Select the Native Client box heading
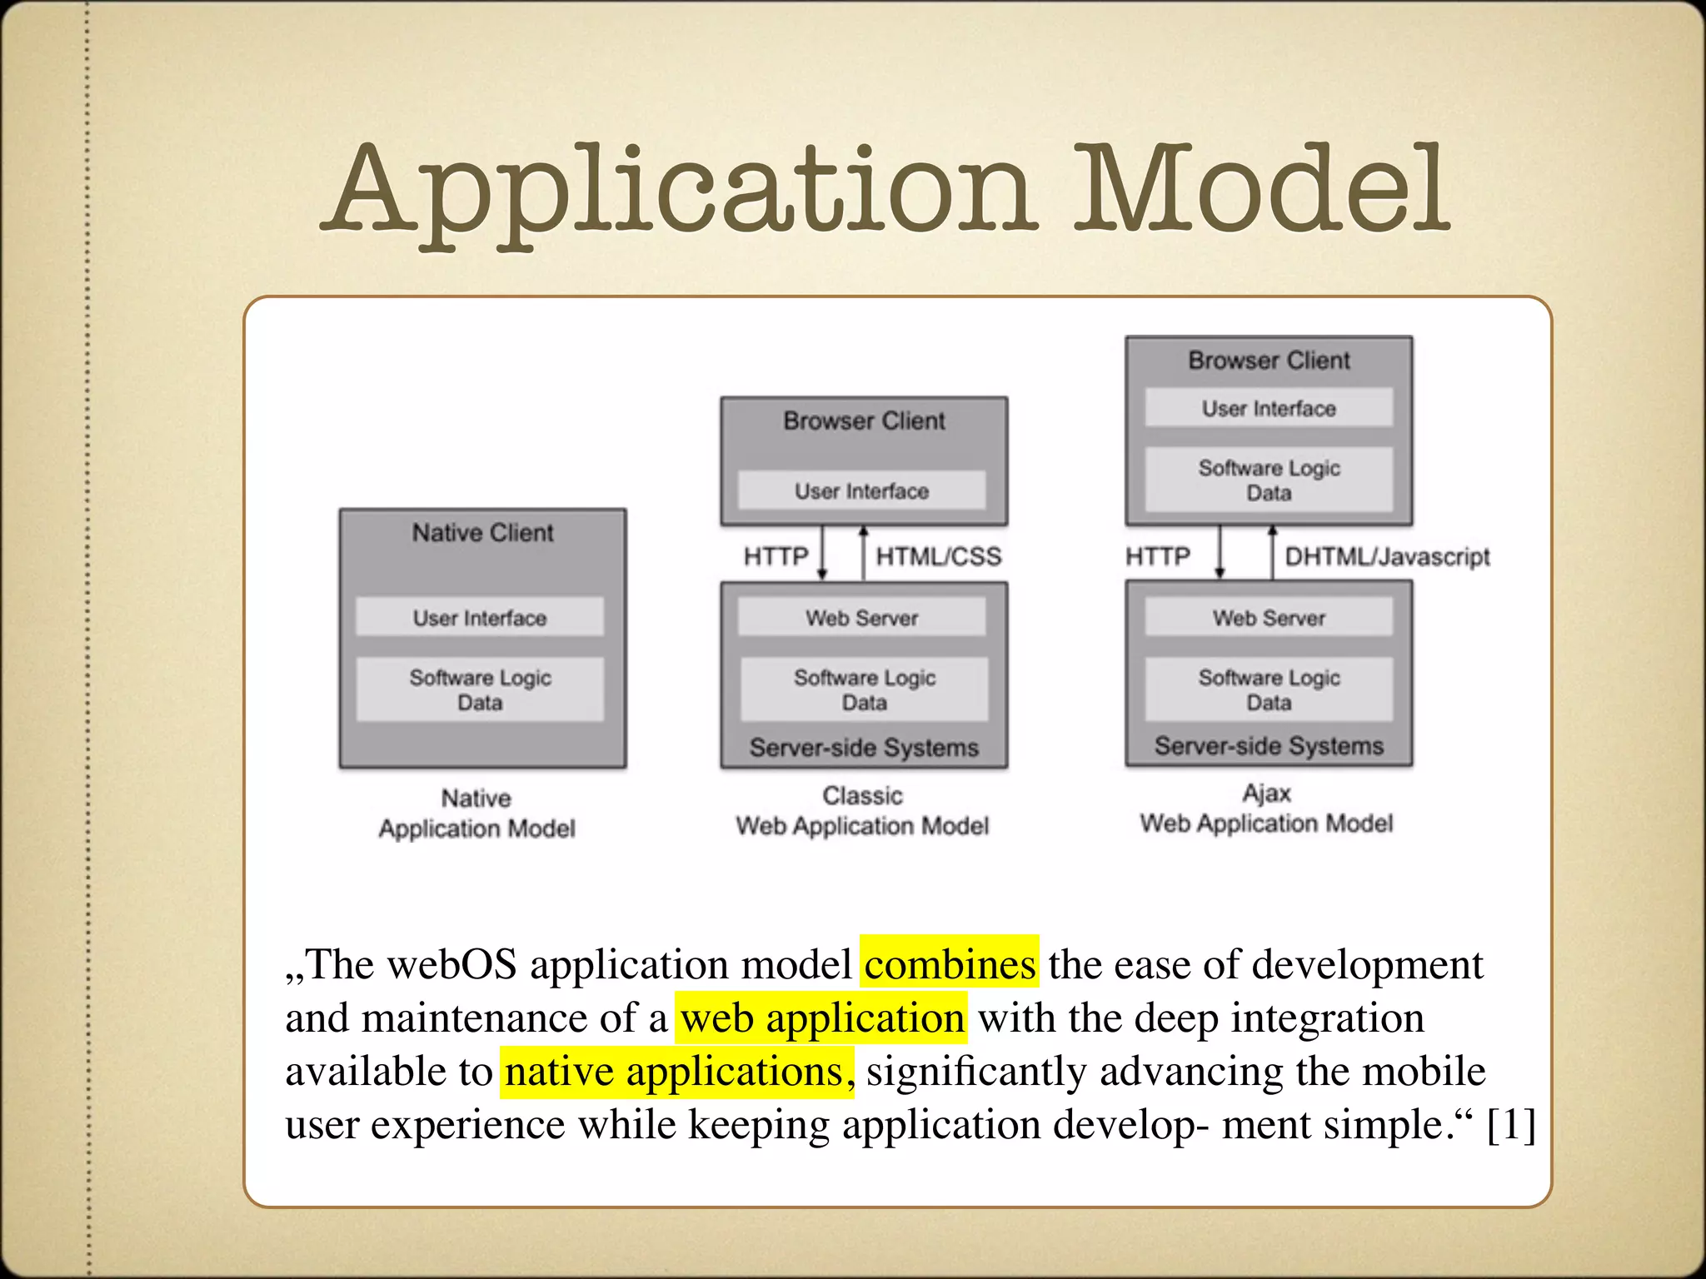tap(482, 533)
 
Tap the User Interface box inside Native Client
tap(480, 618)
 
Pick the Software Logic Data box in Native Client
tap(480, 689)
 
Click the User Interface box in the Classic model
tap(861, 491)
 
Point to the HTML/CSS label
tap(938, 556)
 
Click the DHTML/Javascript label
tap(1387, 556)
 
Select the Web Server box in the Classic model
tap(861, 618)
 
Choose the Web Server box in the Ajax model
tap(1269, 618)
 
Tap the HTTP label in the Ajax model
tap(1157, 556)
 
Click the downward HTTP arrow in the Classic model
tap(822, 553)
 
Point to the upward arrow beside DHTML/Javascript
tap(1272, 553)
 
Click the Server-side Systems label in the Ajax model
tap(1269, 746)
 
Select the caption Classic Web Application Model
tap(862, 811)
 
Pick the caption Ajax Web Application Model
tap(1266, 809)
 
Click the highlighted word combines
tap(950, 964)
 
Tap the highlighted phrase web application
tap(821, 1018)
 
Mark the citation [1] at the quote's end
tap(1511, 1124)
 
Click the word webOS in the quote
tap(452, 964)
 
